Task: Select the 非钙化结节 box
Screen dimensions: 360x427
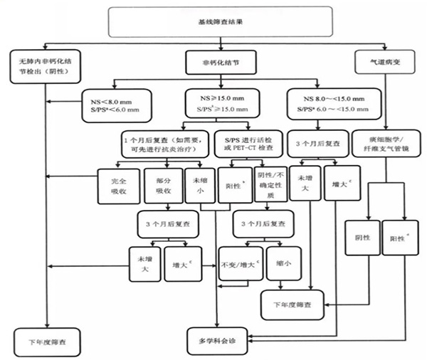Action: coord(213,63)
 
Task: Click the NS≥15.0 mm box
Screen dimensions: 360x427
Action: coord(223,101)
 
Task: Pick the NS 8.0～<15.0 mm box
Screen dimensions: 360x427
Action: coord(327,102)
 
